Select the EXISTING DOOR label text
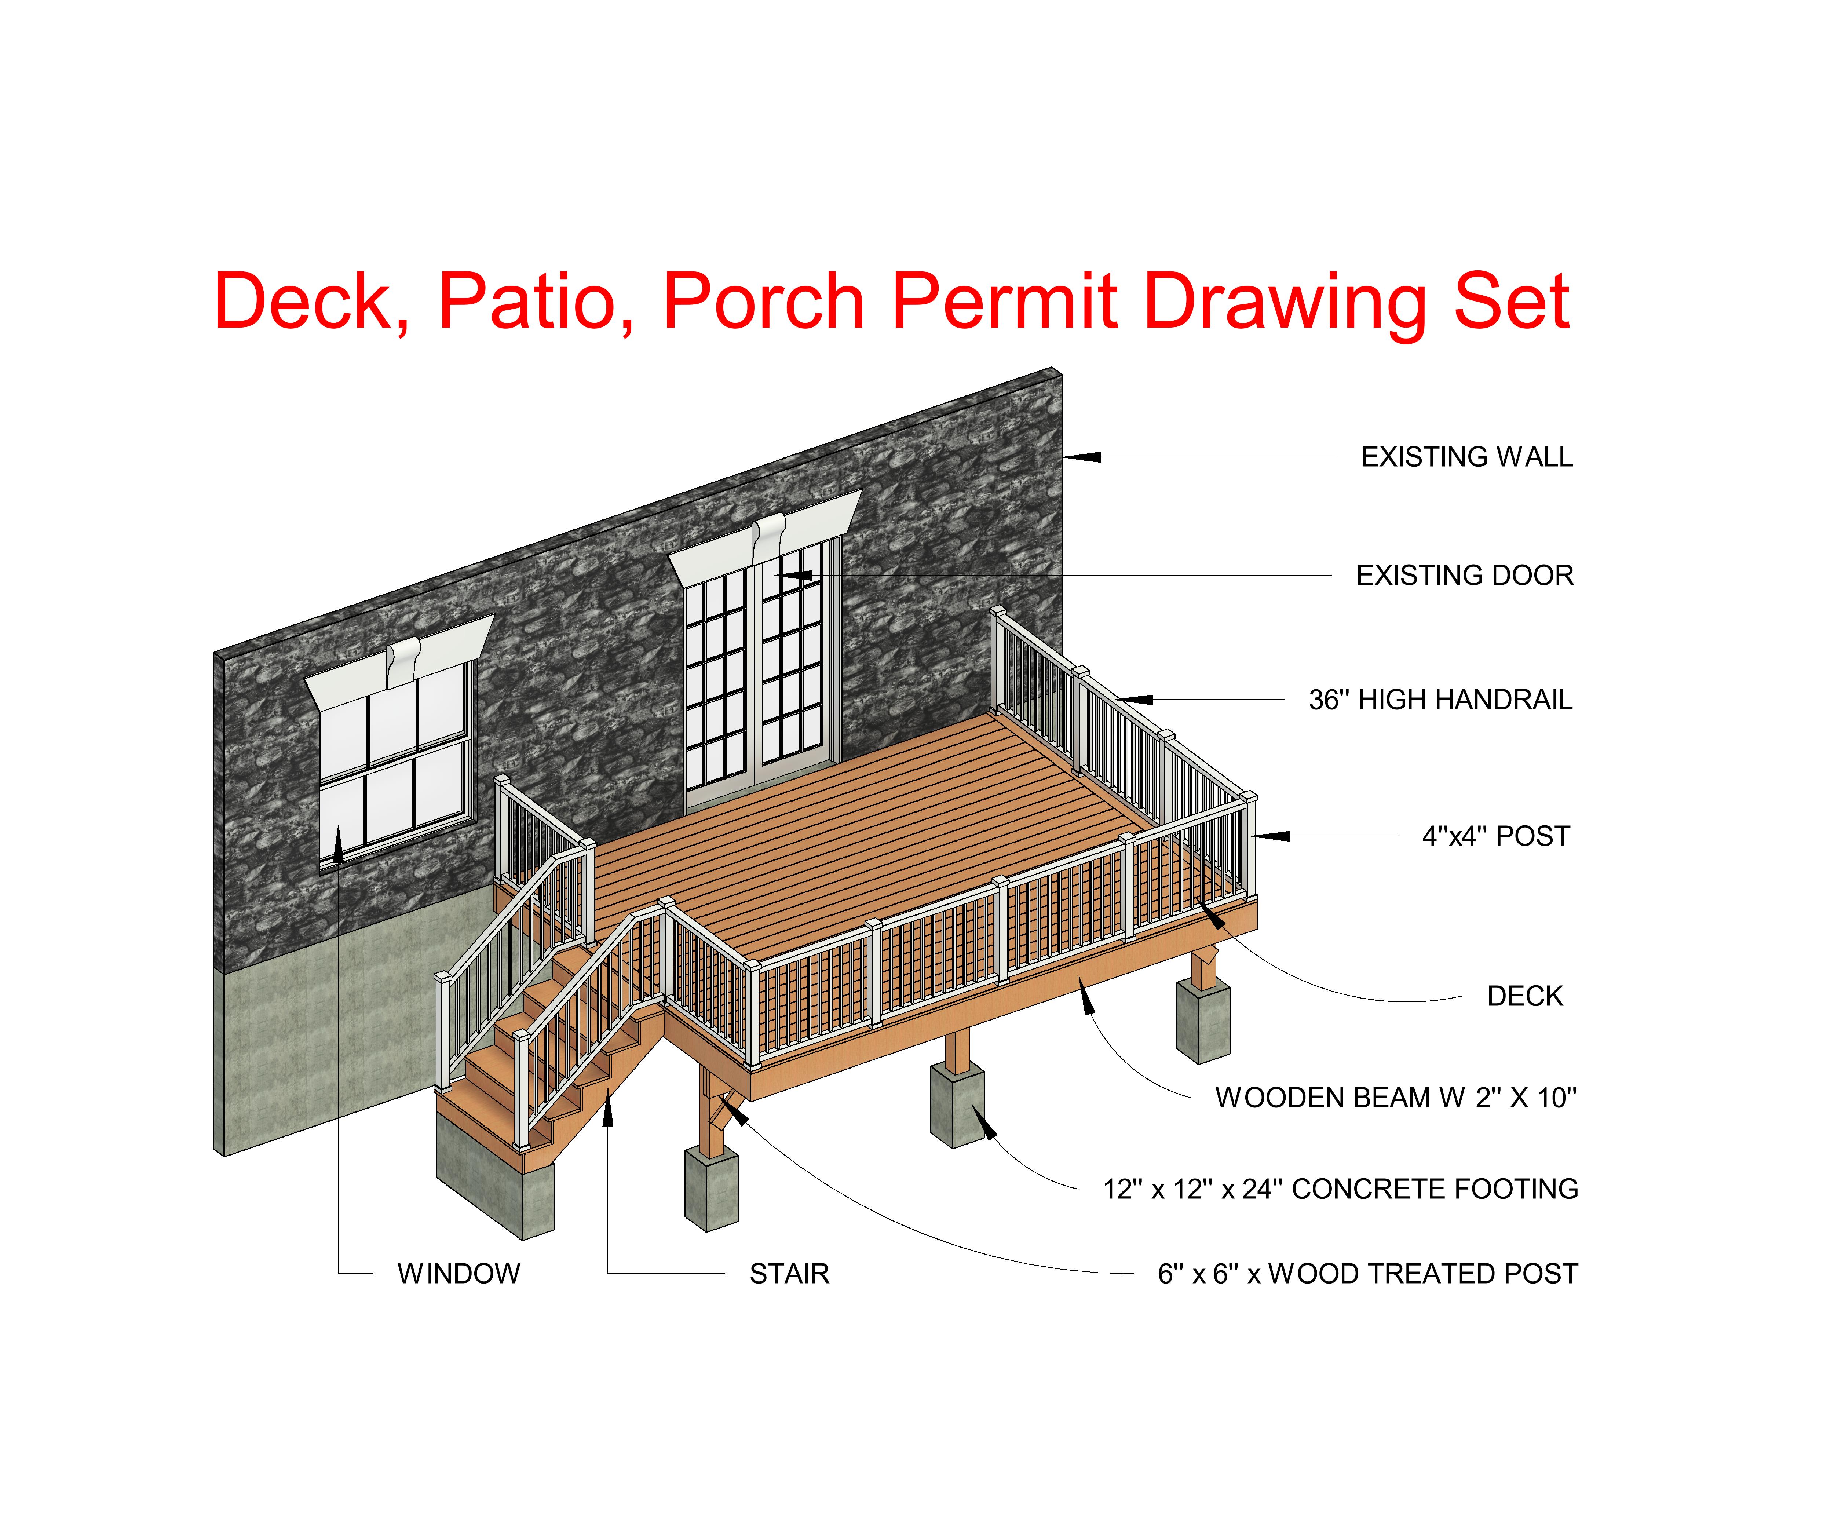(1465, 576)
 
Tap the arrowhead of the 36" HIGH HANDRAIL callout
(1133, 700)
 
